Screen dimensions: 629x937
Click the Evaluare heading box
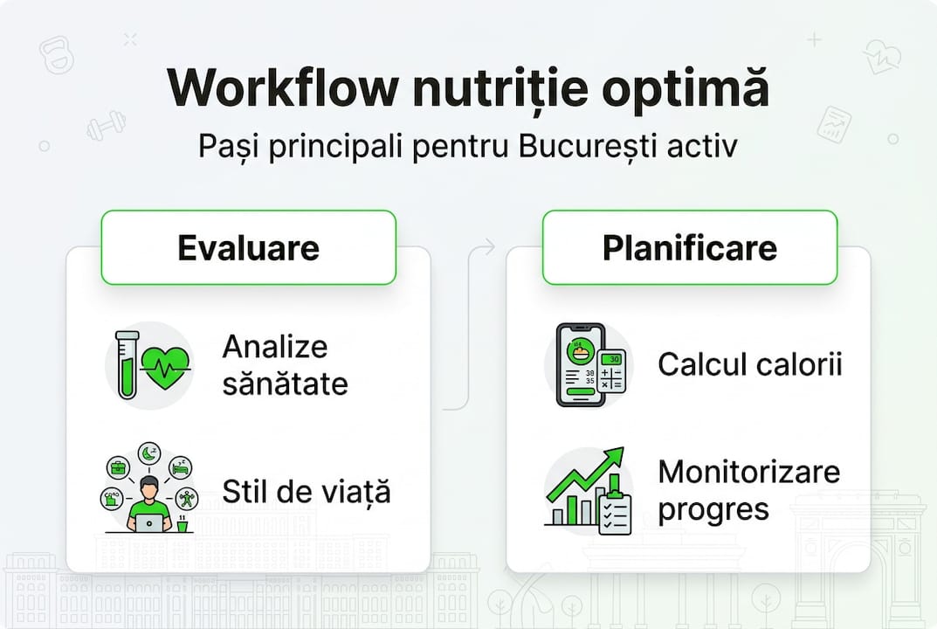(249, 247)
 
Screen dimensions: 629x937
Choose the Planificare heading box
(690, 247)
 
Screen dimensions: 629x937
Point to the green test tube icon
(127, 365)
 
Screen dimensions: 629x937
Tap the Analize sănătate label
(284, 365)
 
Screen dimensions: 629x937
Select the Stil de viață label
(306, 491)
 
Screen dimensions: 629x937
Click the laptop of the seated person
(149, 522)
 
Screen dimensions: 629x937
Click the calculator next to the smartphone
(613, 376)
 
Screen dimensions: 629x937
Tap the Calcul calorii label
(749, 364)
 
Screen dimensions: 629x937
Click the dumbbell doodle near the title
(106, 125)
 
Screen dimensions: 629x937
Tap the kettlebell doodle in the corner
(56, 55)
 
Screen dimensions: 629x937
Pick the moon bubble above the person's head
(148, 453)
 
